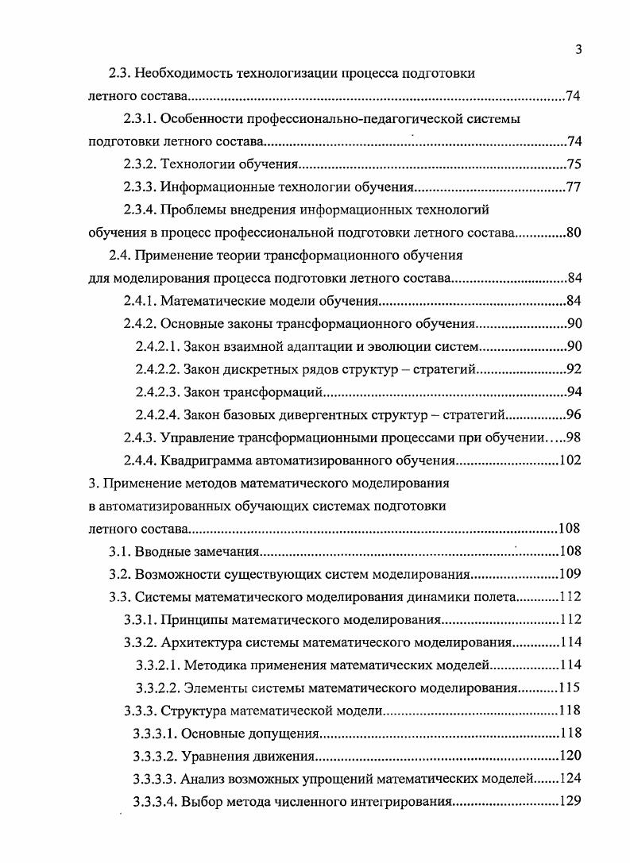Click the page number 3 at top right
[x=578, y=50]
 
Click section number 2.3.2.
[x=140, y=165]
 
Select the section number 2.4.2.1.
[x=157, y=347]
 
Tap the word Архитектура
[x=198, y=642]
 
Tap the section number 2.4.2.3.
[x=157, y=392]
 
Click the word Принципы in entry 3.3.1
[x=192, y=619]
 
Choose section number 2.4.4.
[x=140, y=460]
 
